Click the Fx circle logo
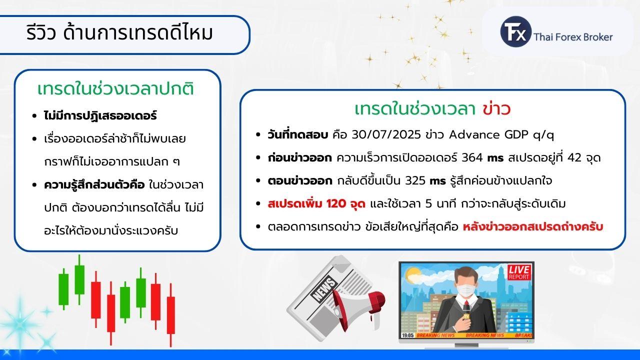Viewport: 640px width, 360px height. [515, 31]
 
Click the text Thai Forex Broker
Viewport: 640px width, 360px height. [573, 37]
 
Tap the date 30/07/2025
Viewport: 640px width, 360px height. [386, 134]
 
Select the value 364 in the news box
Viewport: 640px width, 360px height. [472, 157]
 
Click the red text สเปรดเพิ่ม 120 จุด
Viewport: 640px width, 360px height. [316, 204]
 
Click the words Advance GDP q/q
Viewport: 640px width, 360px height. [501, 135]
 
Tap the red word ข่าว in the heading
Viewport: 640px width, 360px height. [496, 109]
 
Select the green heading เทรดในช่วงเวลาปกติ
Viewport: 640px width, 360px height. [115, 88]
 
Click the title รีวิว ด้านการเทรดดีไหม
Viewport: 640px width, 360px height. [119, 32]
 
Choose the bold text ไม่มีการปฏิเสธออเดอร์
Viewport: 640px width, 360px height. [100, 116]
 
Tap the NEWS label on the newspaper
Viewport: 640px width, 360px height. [324, 289]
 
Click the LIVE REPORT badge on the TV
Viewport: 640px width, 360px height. [519, 272]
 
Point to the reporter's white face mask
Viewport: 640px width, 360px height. [466, 289]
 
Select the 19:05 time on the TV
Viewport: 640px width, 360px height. [407, 335]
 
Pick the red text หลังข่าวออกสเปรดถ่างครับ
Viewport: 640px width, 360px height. [533, 227]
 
